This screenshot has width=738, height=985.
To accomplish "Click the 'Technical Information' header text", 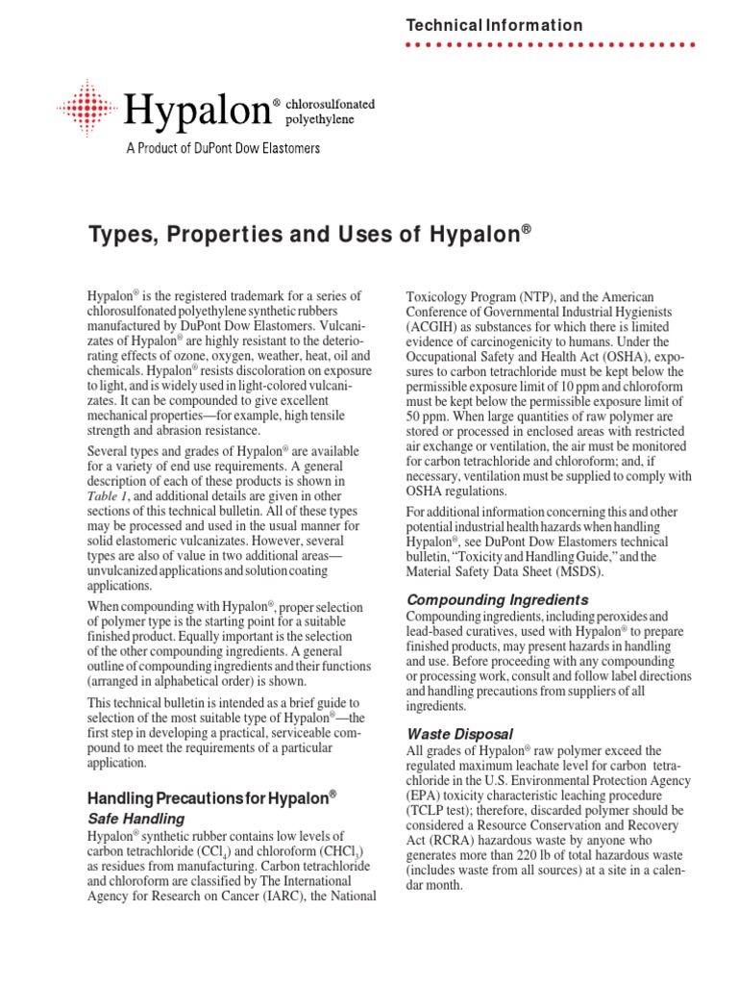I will pyautogui.click(x=494, y=26).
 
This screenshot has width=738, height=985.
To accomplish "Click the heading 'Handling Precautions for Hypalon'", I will pyautogui.click(x=212, y=797).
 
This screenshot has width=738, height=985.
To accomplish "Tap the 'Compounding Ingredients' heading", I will pyautogui.click(x=498, y=600).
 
